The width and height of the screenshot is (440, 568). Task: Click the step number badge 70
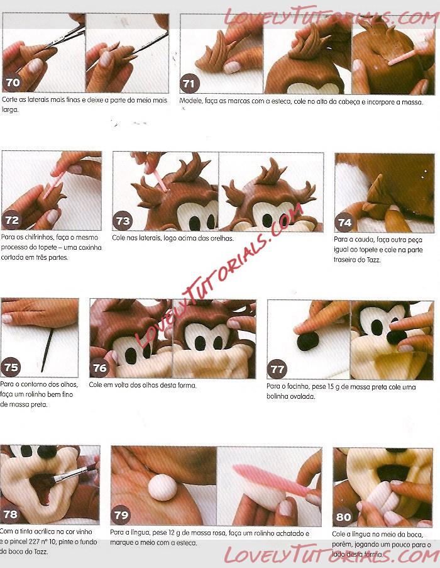[13, 82]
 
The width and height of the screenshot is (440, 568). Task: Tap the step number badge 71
[189, 84]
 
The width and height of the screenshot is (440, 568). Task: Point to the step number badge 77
[277, 369]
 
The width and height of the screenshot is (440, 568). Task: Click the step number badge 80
[343, 516]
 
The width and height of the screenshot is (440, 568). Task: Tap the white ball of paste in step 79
[163, 487]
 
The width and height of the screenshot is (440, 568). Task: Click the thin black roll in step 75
[47, 350]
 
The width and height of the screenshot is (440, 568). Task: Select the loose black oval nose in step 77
[307, 342]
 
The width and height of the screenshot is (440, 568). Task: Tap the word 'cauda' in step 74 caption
[363, 240]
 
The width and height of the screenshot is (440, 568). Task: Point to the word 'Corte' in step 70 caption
[9, 99]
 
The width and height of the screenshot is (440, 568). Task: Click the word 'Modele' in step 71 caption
[190, 101]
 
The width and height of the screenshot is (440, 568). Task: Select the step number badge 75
[11, 367]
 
